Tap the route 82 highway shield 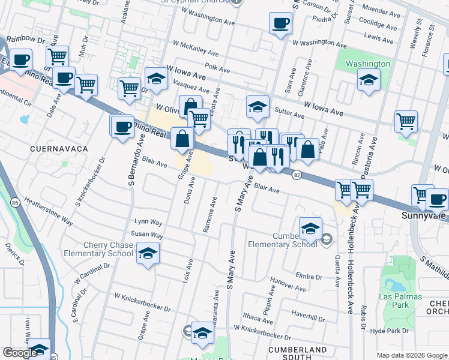coord(297,175)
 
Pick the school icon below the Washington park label coord(369,80)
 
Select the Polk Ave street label coord(217,70)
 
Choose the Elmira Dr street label coord(309,276)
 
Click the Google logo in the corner coord(20,352)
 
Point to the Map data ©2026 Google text coord(411,355)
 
